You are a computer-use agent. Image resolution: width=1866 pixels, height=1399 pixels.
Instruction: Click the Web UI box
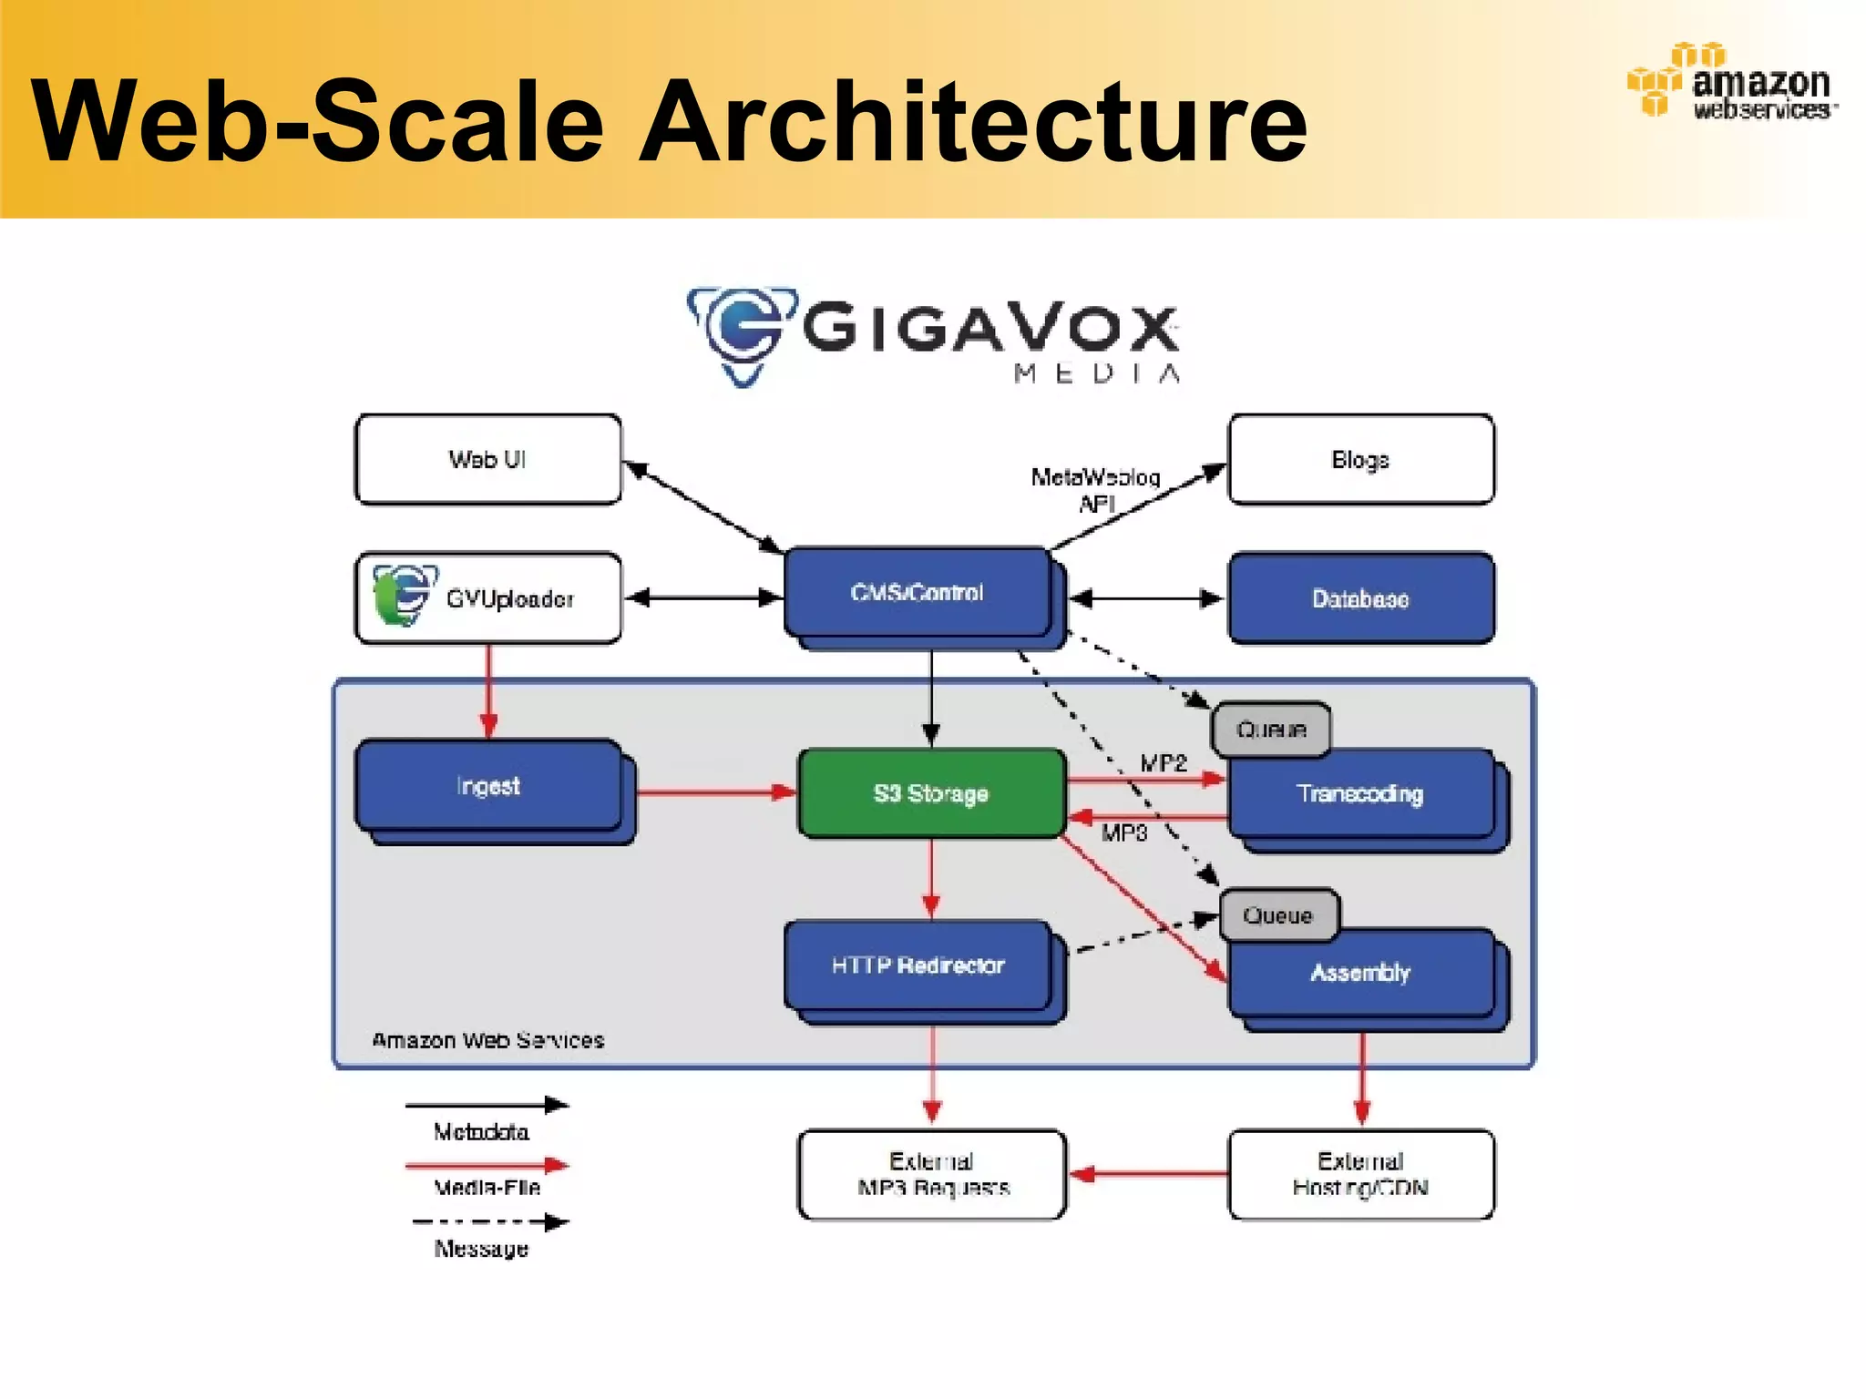(488, 459)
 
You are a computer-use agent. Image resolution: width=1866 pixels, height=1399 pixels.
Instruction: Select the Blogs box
(1361, 459)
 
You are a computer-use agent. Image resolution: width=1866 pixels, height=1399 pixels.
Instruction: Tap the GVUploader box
(488, 598)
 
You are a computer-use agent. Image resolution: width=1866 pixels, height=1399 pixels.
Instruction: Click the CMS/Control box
(918, 593)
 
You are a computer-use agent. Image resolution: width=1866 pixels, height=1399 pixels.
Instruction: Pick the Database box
(1361, 598)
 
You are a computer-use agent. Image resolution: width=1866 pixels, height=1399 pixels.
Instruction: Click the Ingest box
(488, 786)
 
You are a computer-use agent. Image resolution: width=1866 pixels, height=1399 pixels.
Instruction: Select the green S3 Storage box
(931, 793)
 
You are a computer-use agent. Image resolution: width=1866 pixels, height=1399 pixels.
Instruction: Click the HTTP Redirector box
(918, 965)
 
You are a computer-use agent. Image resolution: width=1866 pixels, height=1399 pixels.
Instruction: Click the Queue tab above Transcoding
(1271, 730)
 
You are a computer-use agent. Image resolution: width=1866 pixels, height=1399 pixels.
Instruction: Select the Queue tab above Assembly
(1278, 915)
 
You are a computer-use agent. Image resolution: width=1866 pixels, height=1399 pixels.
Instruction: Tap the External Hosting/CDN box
(1361, 1175)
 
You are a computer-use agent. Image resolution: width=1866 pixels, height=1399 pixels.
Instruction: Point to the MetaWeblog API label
(1096, 490)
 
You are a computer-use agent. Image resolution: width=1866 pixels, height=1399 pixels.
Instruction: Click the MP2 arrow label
(1164, 763)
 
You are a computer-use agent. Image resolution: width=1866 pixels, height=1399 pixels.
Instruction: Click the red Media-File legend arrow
(487, 1165)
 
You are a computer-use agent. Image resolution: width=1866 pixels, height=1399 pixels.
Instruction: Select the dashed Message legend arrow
(490, 1222)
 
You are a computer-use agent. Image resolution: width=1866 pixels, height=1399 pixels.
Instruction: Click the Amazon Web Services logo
(1731, 82)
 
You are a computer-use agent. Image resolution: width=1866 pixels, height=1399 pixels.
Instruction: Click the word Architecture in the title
(973, 121)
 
